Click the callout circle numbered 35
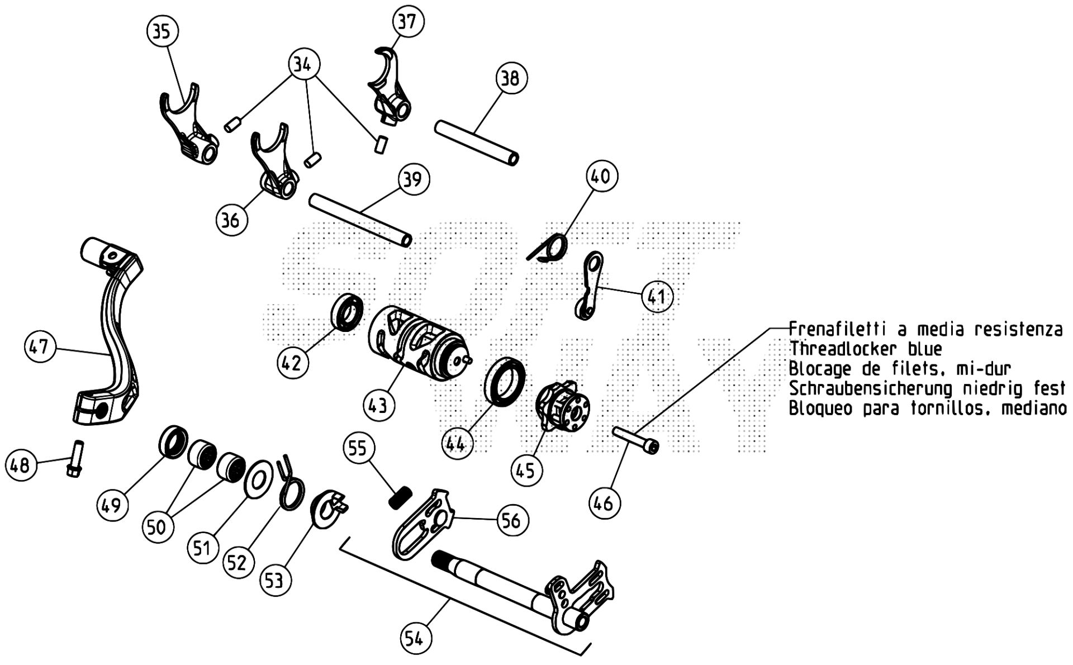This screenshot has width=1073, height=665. click(x=162, y=31)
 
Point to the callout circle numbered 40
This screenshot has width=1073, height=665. click(x=601, y=177)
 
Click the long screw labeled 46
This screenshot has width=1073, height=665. click(x=636, y=440)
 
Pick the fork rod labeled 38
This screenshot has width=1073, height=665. click(x=477, y=143)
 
